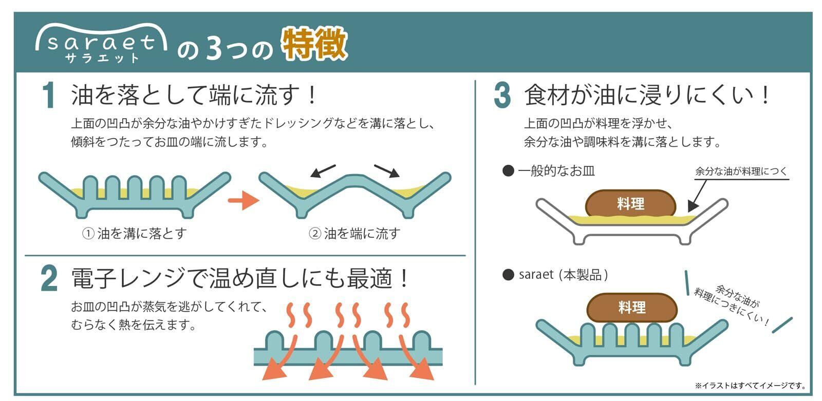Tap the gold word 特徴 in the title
[314, 45]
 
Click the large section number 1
[49, 96]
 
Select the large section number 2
[49, 279]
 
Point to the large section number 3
[502, 96]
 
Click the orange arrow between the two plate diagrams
[243, 200]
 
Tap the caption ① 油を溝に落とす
[135, 234]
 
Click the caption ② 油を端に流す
[354, 234]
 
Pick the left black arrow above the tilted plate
[323, 171]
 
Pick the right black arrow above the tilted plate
[386, 171]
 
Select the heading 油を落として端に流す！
[195, 96]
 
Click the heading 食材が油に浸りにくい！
[647, 96]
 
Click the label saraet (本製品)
[556, 275]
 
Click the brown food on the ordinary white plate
[630, 203]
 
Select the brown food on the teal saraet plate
[632, 308]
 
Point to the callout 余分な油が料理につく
[741, 171]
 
